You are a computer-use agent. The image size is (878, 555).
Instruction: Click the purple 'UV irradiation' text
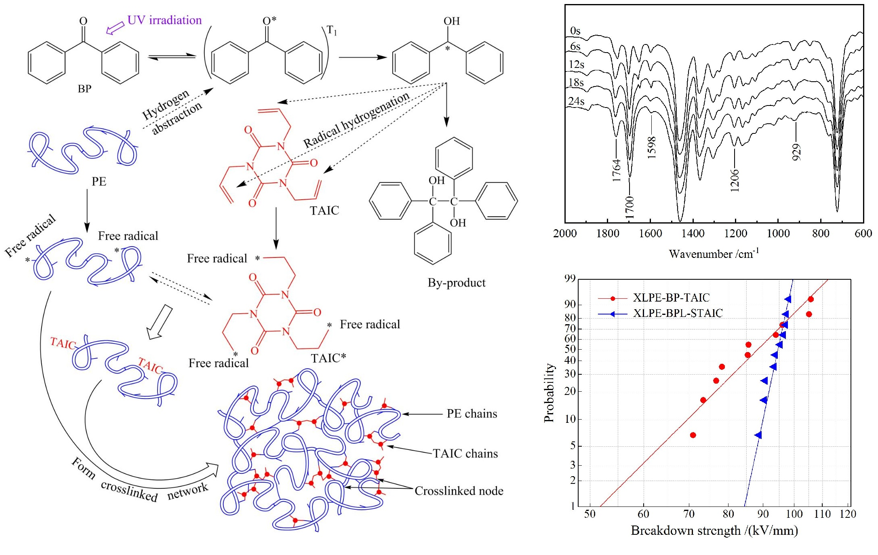point(164,20)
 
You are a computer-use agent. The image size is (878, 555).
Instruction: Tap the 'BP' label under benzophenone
point(84,89)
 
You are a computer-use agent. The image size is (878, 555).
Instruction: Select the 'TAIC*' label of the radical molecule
point(328,358)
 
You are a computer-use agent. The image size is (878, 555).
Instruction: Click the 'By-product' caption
point(457,283)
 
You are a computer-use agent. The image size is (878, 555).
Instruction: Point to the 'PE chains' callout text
point(472,414)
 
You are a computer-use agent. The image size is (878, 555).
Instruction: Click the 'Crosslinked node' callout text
point(459,491)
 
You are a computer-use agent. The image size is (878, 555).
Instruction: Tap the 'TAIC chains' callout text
point(465,454)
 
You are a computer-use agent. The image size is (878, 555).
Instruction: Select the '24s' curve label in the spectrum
point(576,101)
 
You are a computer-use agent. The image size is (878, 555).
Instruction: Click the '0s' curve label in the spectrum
point(575,31)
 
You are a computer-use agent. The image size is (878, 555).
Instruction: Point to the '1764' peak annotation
point(616,170)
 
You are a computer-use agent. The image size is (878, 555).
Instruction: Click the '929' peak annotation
point(796,152)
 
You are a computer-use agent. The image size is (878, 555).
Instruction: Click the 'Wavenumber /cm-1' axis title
point(714,253)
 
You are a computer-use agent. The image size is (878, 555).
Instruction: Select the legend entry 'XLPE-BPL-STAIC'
point(678,313)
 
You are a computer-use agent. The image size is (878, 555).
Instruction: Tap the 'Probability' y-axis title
point(549,393)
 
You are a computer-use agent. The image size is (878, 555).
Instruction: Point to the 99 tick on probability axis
point(570,278)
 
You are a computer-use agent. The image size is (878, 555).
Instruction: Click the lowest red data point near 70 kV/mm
point(693,435)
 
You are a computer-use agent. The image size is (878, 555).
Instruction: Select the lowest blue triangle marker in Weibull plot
point(758,435)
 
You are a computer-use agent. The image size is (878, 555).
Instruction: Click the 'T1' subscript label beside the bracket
point(332,30)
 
